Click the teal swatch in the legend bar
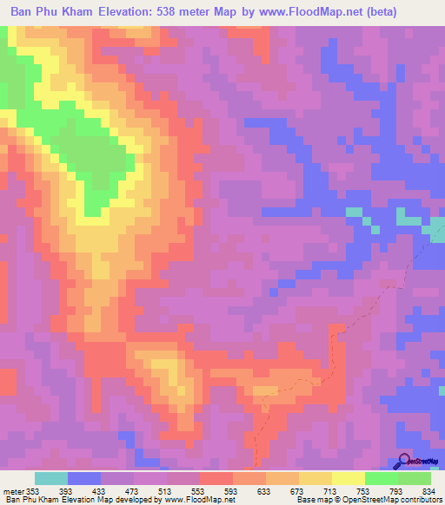tap(50, 478)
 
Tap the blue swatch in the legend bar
tap(84, 478)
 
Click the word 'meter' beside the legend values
tap(13, 490)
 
